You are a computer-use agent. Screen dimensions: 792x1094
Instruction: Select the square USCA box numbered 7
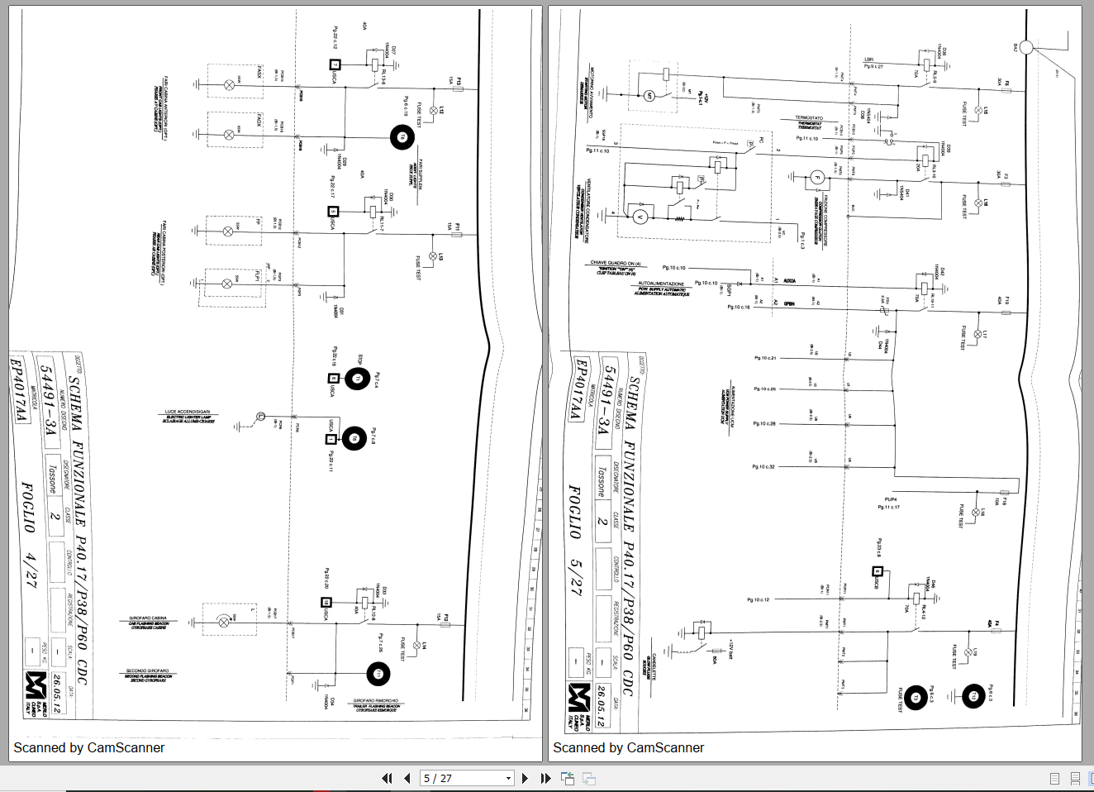(x=335, y=64)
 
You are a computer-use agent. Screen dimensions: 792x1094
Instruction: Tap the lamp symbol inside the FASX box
(x=230, y=84)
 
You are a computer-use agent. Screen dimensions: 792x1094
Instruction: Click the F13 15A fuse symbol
(x=456, y=88)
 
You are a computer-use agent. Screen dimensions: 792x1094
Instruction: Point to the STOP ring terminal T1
(x=357, y=379)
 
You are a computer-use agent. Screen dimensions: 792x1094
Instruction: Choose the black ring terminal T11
(x=378, y=674)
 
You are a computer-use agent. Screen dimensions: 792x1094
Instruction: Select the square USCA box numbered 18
(x=326, y=603)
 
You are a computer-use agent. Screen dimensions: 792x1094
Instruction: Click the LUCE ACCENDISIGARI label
(x=188, y=412)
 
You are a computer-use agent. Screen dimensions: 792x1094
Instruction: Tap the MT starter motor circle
(x=649, y=96)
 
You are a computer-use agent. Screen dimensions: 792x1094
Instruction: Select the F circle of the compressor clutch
(x=817, y=177)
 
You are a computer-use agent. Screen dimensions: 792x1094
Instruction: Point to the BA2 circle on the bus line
(x=1026, y=47)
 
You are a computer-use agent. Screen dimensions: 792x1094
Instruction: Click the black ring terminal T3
(x=915, y=698)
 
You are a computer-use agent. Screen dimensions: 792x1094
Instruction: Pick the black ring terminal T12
(x=973, y=696)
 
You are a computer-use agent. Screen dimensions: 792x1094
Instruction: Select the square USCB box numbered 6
(x=878, y=571)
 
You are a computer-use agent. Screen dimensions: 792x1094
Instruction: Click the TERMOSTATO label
(x=810, y=118)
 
